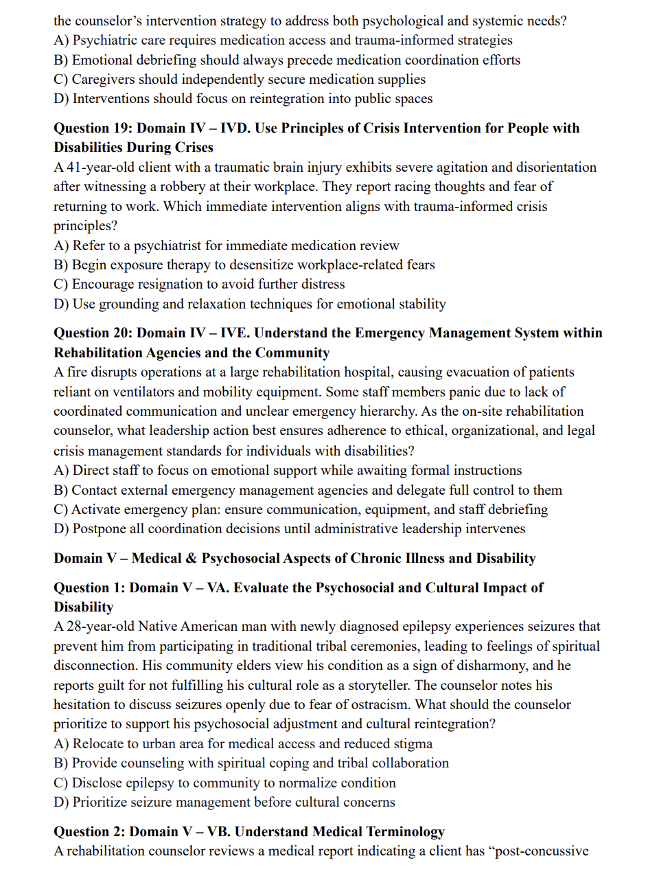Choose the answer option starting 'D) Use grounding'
pyautogui.click(x=249, y=304)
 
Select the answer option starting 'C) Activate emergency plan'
pyautogui.click(x=301, y=509)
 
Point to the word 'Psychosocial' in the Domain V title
pyautogui.click(x=241, y=559)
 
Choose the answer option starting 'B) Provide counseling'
pyautogui.click(x=251, y=763)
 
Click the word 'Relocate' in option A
pyautogui.click(x=98, y=743)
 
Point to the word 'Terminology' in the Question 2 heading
pyautogui.click(x=405, y=832)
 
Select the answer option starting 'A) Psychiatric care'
pyautogui.click(x=283, y=41)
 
